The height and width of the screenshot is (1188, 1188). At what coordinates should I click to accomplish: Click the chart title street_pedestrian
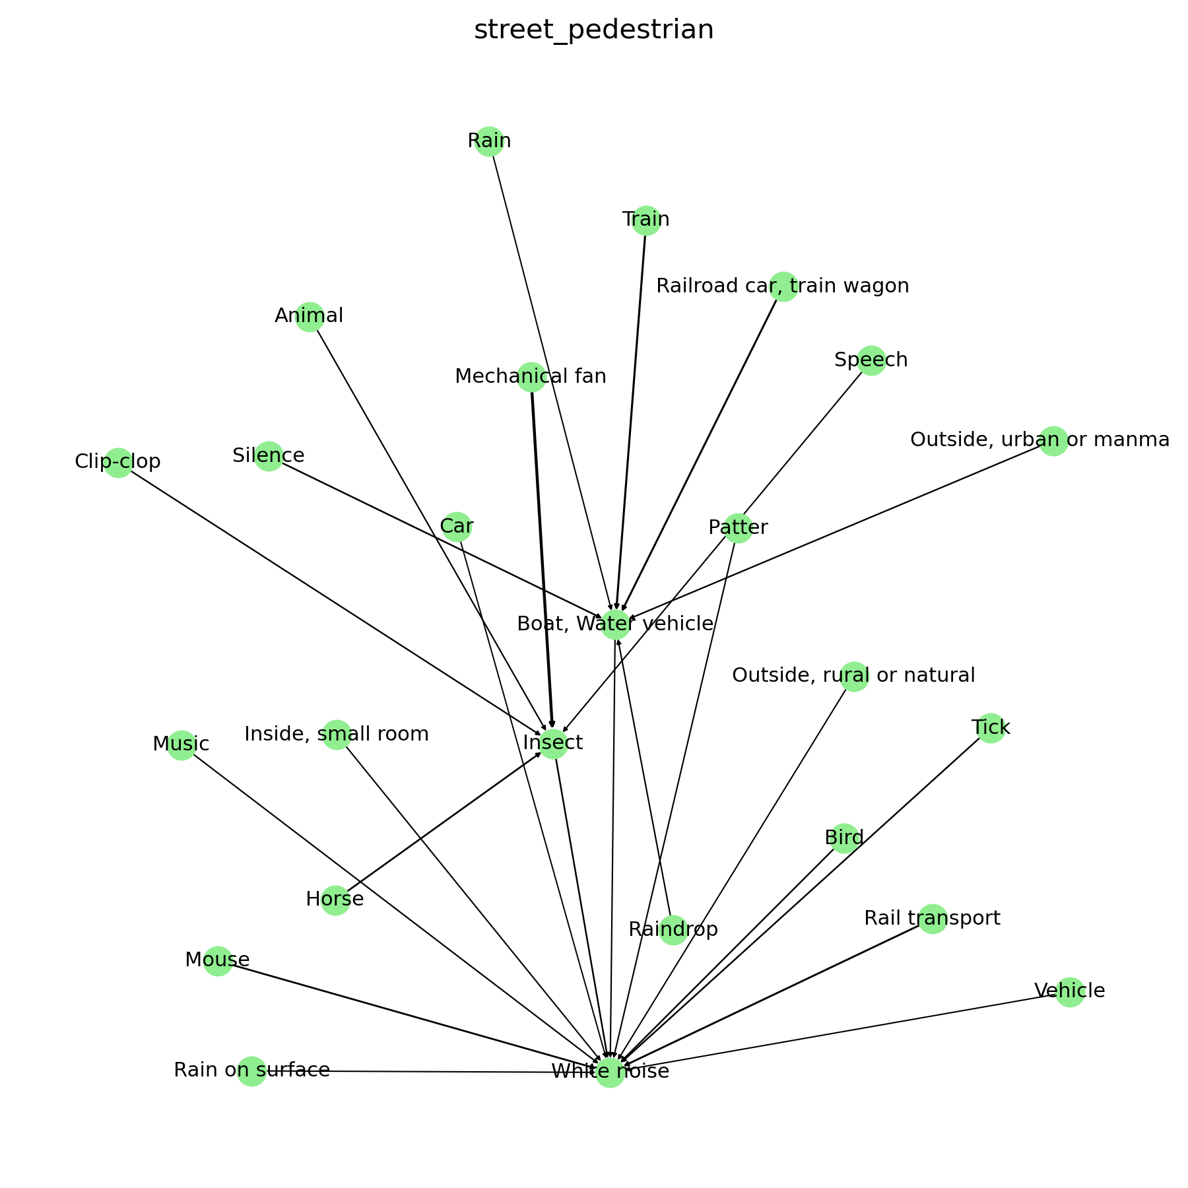point(593,30)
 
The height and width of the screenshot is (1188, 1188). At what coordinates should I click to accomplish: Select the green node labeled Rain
point(489,141)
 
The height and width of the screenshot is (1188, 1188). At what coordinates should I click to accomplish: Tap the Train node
point(646,220)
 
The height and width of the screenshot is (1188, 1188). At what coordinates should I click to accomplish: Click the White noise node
point(610,1072)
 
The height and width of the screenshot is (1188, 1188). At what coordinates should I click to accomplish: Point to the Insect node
point(553,744)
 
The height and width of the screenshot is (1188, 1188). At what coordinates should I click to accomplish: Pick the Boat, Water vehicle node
point(615,624)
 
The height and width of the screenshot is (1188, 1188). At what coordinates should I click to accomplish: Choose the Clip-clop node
point(118,462)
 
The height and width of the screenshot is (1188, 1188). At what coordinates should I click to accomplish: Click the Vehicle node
point(1069,992)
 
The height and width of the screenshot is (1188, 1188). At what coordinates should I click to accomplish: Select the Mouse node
point(218,961)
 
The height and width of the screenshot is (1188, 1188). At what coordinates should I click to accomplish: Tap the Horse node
point(335,900)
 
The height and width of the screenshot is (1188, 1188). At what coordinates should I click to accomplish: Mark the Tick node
point(991,728)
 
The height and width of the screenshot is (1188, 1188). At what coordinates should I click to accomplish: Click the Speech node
point(871,360)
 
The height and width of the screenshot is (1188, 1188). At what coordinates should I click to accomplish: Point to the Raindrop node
point(673,930)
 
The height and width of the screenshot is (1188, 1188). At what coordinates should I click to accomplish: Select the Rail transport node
point(932,919)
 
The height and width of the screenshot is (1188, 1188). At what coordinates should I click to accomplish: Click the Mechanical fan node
point(531,377)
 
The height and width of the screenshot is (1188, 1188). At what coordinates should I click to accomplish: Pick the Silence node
point(269,456)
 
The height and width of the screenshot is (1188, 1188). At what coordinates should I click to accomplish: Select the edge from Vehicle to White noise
point(845,1032)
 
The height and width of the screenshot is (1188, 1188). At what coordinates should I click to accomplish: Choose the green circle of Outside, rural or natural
point(854,676)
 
